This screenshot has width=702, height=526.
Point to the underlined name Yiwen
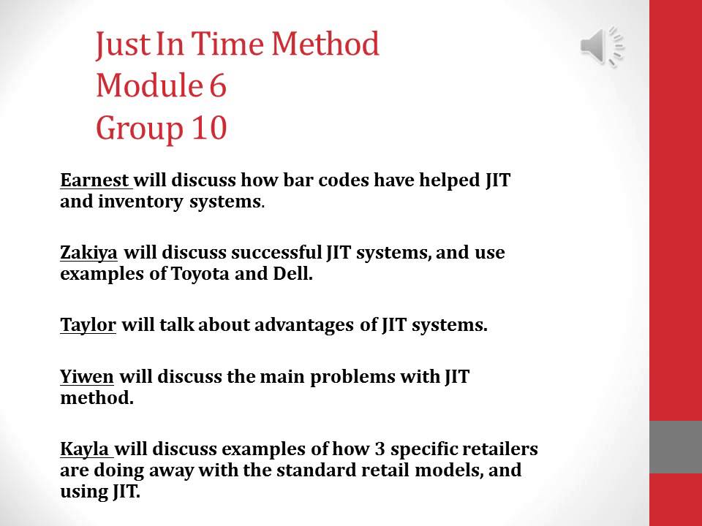[87, 377]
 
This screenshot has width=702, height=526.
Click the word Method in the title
[325, 45]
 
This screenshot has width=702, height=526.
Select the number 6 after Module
[217, 86]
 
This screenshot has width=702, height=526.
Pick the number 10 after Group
[208, 129]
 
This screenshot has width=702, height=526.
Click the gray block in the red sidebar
[676, 446]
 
